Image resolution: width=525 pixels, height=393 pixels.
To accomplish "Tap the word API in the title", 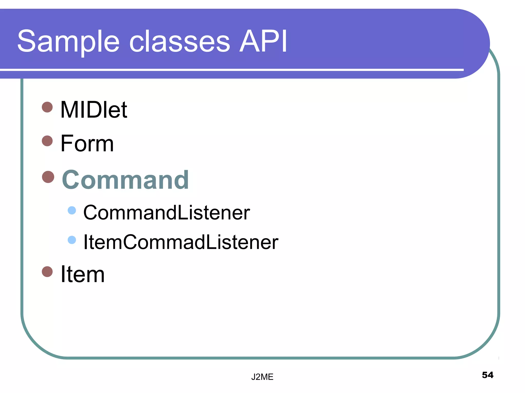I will [263, 41].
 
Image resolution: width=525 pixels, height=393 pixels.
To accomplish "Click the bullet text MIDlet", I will [94, 110].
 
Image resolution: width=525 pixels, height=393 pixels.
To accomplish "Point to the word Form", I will [87, 144].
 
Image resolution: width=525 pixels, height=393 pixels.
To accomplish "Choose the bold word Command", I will [125, 180].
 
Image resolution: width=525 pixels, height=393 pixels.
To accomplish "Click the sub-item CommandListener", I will [167, 213].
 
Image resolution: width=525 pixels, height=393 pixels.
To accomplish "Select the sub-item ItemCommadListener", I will [181, 242].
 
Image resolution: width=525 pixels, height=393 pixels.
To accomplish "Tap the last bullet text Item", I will [82, 274].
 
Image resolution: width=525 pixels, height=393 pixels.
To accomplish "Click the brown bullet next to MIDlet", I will [47, 107].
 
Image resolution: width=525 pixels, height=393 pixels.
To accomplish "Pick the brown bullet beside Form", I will [47, 141].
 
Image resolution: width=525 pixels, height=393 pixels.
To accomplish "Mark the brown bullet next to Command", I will [48, 177].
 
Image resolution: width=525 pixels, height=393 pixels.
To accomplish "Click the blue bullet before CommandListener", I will [72, 210].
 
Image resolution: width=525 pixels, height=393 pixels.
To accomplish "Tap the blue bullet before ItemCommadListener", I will [72, 240].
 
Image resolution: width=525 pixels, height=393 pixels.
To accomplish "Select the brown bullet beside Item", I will [47, 271].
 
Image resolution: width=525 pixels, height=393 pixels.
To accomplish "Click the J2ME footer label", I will [262, 377].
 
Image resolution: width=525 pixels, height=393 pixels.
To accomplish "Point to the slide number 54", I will [487, 375].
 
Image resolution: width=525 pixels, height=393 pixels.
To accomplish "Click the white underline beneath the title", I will [231, 70].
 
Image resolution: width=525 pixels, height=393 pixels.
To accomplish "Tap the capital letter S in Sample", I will [27, 41].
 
